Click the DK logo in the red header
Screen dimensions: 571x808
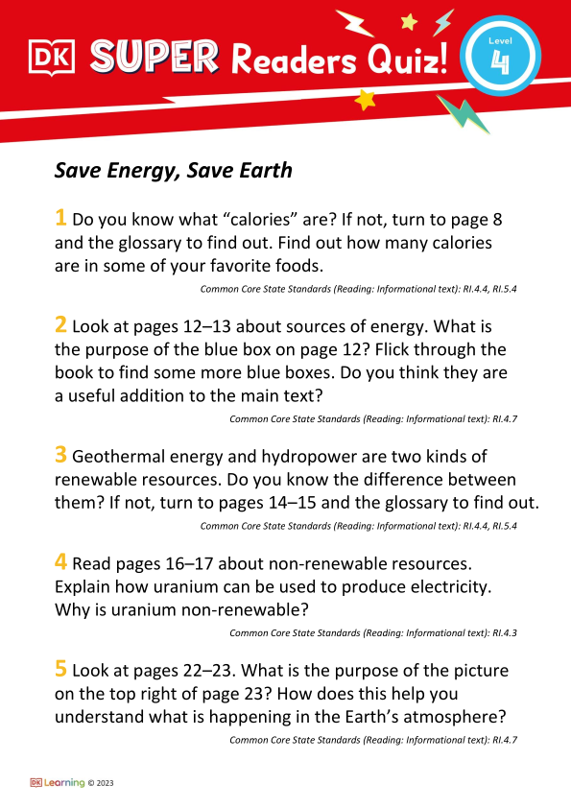pos(52,60)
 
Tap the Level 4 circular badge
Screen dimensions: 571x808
pos(498,59)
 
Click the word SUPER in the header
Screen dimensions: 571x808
pos(154,59)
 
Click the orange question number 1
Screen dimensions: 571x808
pos(60,219)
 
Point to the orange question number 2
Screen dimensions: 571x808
pos(60,325)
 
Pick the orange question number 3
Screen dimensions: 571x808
pos(60,456)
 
